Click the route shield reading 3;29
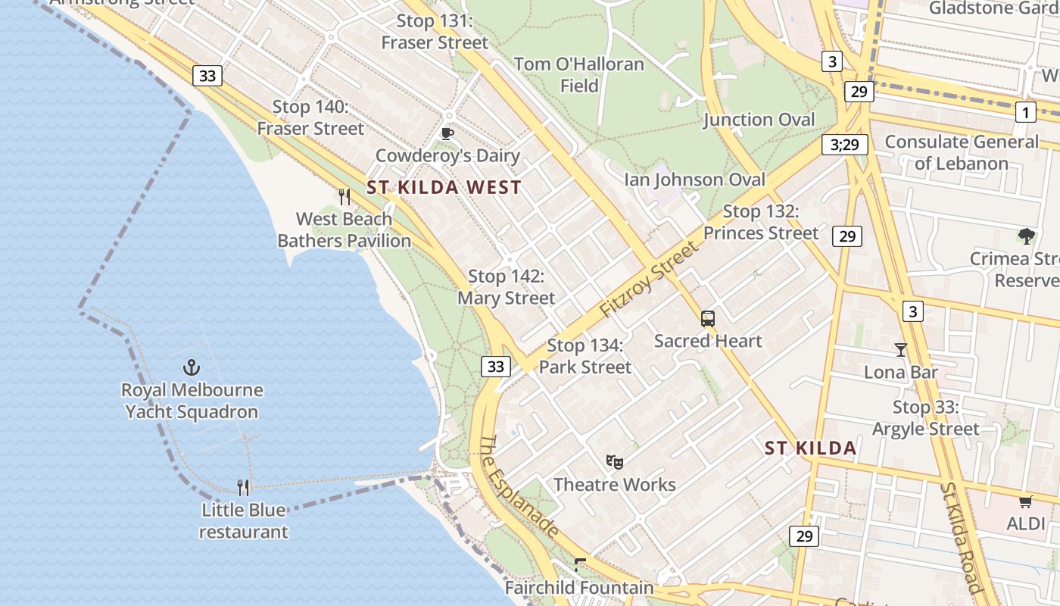pos(845,144)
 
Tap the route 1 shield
pos(1025,113)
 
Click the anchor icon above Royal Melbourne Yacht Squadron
pos(192,368)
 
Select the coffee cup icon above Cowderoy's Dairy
pos(447,134)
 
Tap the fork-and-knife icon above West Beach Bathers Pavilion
pos(344,197)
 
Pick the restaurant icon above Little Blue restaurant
pos(243,487)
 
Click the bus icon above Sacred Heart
pos(708,319)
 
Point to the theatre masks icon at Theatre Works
pos(615,461)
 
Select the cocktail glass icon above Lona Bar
pos(901,349)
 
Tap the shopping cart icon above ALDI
pos(1026,501)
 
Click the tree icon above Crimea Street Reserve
pos(1026,236)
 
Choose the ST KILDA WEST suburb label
pos(444,188)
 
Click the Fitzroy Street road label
pos(648,280)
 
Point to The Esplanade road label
pos(520,486)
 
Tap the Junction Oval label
pos(759,120)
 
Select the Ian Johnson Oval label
pos(694,180)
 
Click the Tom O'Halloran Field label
pos(579,74)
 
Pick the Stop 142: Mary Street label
pos(506,287)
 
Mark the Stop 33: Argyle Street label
pos(925,417)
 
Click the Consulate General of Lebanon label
pos(962,152)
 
